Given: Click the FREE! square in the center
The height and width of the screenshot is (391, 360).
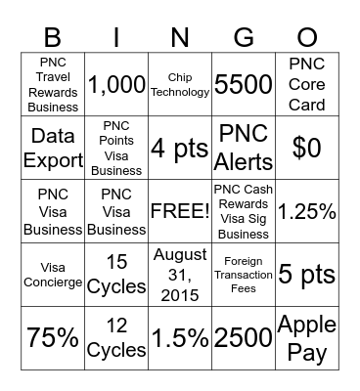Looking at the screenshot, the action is click(180, 210).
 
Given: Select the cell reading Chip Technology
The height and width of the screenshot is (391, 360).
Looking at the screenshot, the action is click(180, 85).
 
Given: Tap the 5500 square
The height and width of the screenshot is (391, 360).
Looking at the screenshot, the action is click(244, 85).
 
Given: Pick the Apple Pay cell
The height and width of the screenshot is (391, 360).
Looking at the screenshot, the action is click(307, 337).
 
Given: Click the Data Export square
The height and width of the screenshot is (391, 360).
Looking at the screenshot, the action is click(53, 148).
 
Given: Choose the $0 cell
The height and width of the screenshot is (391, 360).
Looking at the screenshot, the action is click(307, 148).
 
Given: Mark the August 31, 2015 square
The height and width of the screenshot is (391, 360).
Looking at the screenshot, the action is click(180, 274).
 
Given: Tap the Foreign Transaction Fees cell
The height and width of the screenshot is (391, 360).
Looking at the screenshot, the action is click(244, 274).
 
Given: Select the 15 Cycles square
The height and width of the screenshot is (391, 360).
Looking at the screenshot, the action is click(116, 274).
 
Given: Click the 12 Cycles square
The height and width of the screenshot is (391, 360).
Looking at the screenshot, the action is click(116, 337).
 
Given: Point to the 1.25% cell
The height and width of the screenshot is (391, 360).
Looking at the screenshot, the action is click(307, 210).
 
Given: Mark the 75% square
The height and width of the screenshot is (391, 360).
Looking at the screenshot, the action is click(53, 337).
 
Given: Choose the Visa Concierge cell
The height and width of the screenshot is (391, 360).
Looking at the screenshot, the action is click(53, 274).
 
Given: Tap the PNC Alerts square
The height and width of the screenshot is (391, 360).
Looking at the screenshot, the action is click(244, 148).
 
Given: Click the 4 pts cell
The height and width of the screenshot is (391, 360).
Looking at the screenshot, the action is click(180, 148).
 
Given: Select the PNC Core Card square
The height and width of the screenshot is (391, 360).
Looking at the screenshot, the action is click(307, 85).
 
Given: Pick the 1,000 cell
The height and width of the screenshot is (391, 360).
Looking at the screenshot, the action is click(116, 85).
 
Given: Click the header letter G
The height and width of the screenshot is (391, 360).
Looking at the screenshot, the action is click(244, 37).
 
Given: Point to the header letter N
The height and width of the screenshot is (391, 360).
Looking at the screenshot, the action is click(180, 37).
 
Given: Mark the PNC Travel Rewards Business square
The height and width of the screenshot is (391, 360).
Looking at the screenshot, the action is click(53, 85).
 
